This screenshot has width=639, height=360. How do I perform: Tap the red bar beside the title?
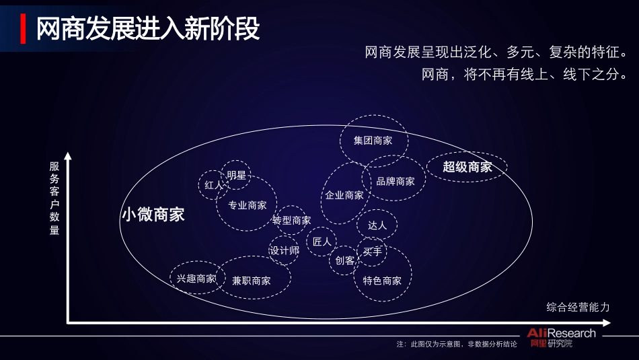click(24, 28)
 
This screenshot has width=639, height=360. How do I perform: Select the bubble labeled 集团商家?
click(373, 141)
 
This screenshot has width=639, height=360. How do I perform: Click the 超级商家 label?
click(467, 167)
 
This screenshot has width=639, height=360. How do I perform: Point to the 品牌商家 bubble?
click(396, 181)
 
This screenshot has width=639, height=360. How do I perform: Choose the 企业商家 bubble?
click(345, 195)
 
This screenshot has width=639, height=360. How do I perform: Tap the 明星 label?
click(236, 176)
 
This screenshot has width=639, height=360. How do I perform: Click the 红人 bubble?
click(213, 185)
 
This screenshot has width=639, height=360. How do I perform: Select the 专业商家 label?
click(248, 205)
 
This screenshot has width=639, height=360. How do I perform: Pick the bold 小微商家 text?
click(153, 215)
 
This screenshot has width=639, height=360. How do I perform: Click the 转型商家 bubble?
click(292, 220)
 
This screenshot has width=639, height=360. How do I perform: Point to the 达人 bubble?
click(377, 225)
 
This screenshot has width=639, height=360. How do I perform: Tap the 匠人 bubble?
click(322, 241)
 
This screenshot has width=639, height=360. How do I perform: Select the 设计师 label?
click(284, 251)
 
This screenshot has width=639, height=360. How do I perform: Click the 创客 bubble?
click(345, 260)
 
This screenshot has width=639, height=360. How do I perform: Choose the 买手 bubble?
click(372, 252)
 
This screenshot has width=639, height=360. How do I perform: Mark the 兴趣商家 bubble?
click(196, 278)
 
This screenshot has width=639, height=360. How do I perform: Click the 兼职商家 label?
click(252, 281)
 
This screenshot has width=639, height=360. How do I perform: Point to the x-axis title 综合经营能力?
click(578, 308)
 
